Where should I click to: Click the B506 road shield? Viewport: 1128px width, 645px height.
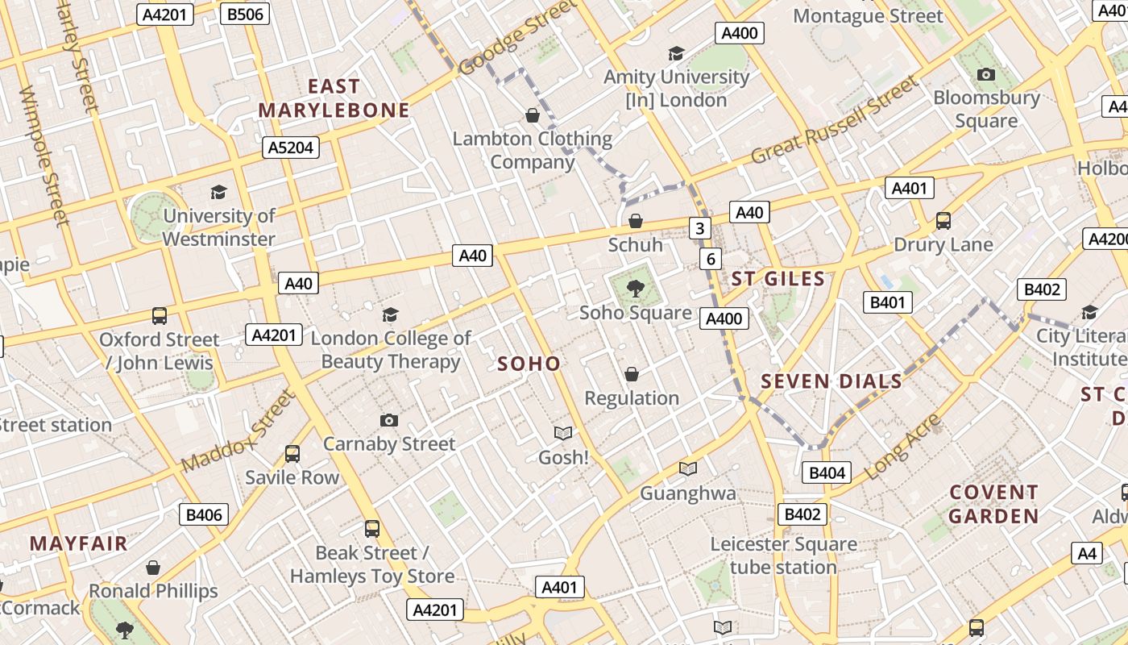[245, 15]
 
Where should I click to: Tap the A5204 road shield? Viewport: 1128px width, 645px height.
[291, 148]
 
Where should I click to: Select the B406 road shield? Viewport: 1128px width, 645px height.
[203, 514]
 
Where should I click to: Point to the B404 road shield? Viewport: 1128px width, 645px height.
[827, 472]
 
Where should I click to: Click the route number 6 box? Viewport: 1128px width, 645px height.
[710, 259]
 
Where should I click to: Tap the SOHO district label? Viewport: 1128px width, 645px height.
[529, 364]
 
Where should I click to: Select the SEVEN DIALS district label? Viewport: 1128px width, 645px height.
[831, 381]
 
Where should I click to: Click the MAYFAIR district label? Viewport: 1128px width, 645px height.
[79, 543]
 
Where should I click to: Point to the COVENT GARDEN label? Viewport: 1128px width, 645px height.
[993, 504]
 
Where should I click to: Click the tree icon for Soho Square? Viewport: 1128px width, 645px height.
[636, 288]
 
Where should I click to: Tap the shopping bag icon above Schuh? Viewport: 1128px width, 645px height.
[636, 220]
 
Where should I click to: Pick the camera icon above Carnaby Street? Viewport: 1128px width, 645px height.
[389, 420]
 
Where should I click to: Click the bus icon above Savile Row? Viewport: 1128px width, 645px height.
[292, 454]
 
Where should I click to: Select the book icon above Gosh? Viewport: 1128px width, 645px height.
[563, 434]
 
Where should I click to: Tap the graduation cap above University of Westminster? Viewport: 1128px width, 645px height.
[218, 192]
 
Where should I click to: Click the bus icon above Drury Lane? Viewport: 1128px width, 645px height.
[943, 220]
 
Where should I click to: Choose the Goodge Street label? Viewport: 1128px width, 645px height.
[519, 38]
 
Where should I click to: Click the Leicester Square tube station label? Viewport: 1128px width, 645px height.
[783, 556]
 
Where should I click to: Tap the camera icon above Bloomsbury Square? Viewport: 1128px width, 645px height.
[985, 75]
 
